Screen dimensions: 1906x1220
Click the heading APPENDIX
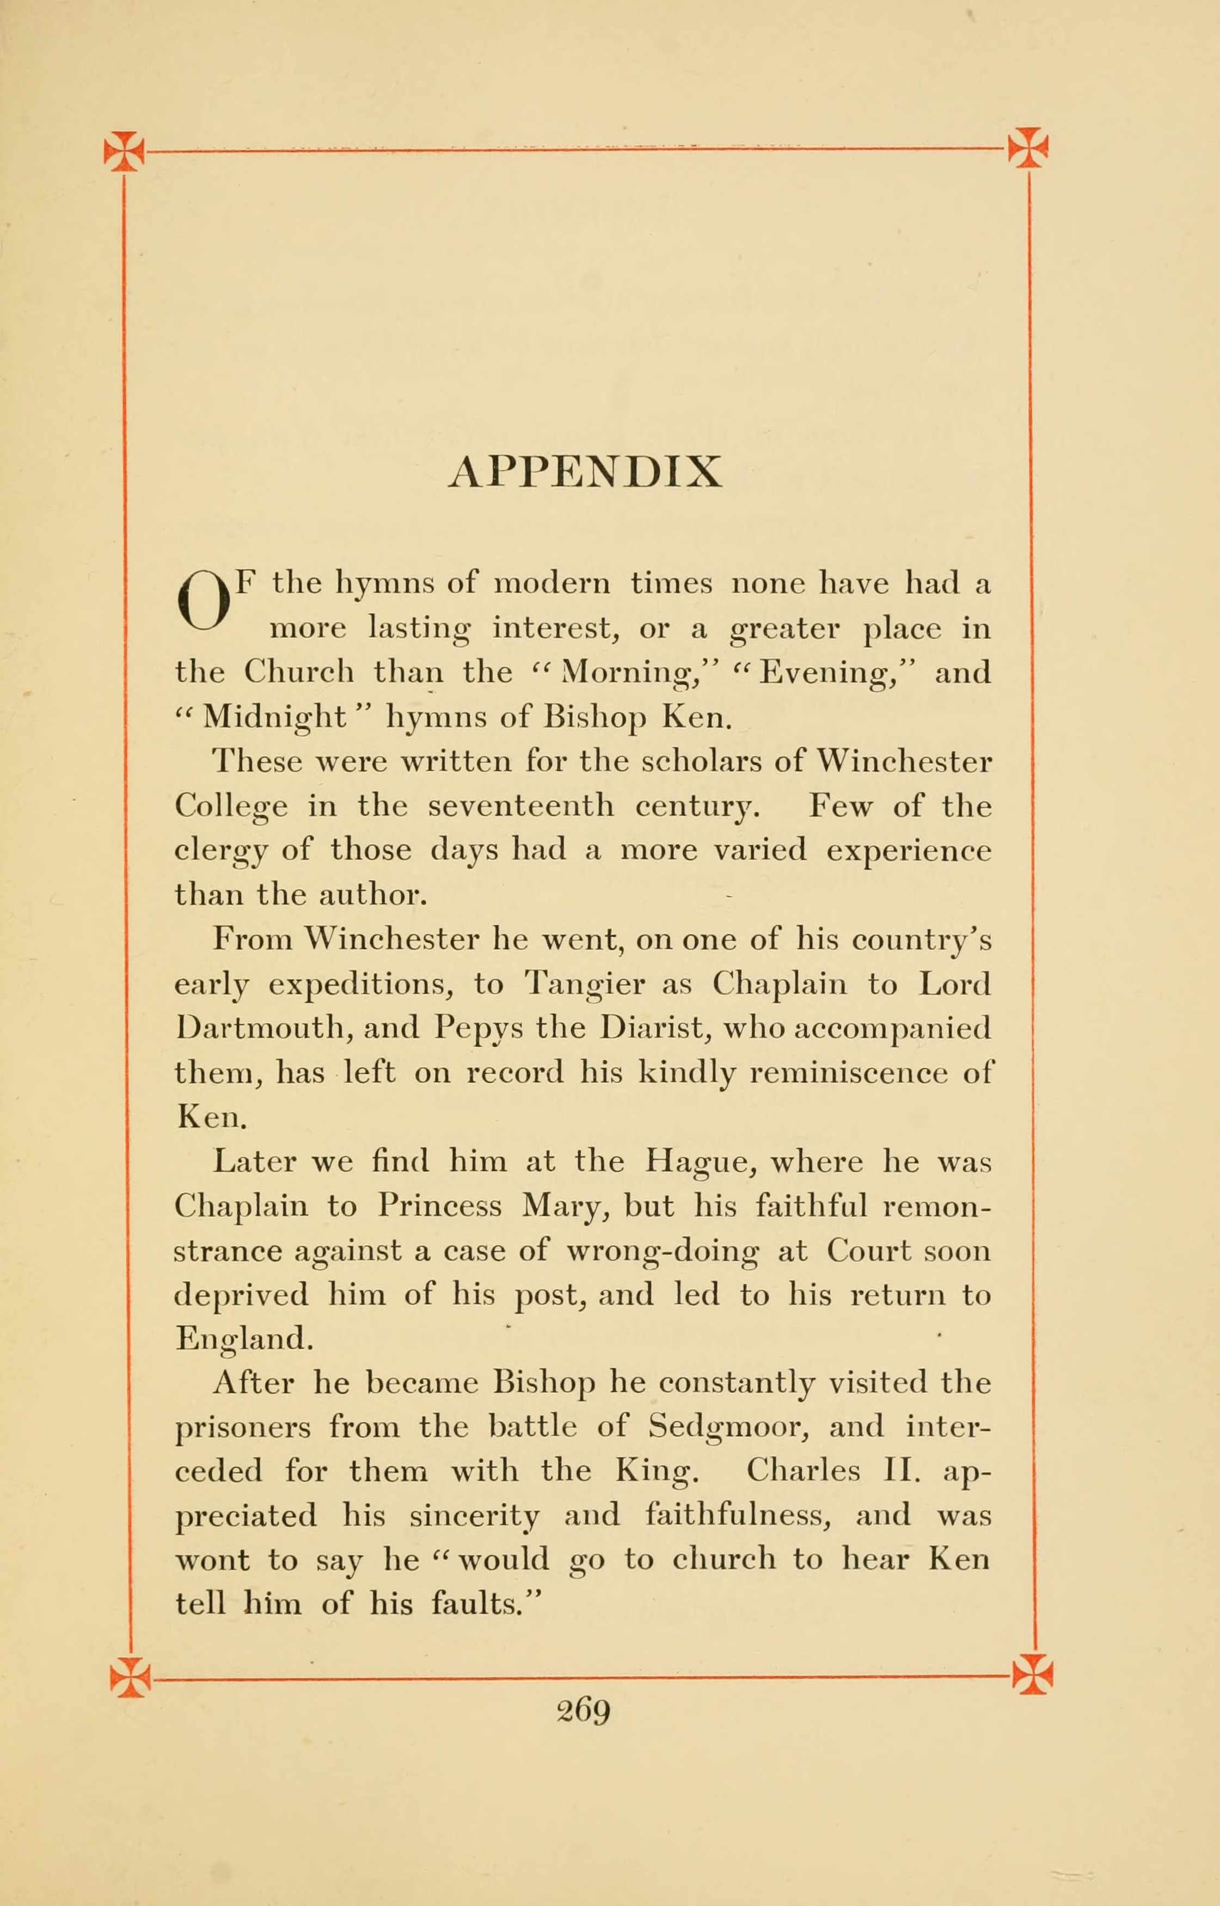[585, 473]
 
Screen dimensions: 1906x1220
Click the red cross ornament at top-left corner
[124, 150]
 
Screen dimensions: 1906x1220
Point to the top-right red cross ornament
[1028, 147]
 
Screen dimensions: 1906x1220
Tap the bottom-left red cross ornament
[130, 1676]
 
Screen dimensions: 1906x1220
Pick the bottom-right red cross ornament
[1033, 1674]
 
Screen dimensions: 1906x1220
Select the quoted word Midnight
[274, 717]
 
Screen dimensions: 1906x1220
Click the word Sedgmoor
[728, 1428]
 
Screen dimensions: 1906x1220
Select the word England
[244, 1339]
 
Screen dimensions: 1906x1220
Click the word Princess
[439, 1206]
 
